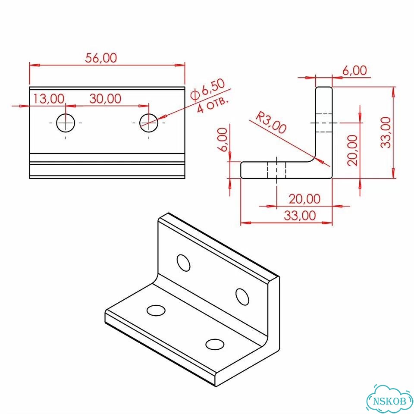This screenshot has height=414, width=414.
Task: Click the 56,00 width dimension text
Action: point(101,58)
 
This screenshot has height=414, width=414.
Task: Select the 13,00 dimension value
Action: point(49,99)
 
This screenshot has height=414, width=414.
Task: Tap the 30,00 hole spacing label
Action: point(105,98)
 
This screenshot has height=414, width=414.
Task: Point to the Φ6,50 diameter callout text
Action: point(208,90)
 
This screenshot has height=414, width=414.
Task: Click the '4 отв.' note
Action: point(213,105)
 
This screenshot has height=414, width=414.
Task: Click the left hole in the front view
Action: point(66,123)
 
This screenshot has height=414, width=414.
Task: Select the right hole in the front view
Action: point(149,123)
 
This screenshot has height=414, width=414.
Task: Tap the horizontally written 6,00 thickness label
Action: point(354,71)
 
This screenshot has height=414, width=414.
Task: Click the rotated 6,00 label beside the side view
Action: point(223,139)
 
